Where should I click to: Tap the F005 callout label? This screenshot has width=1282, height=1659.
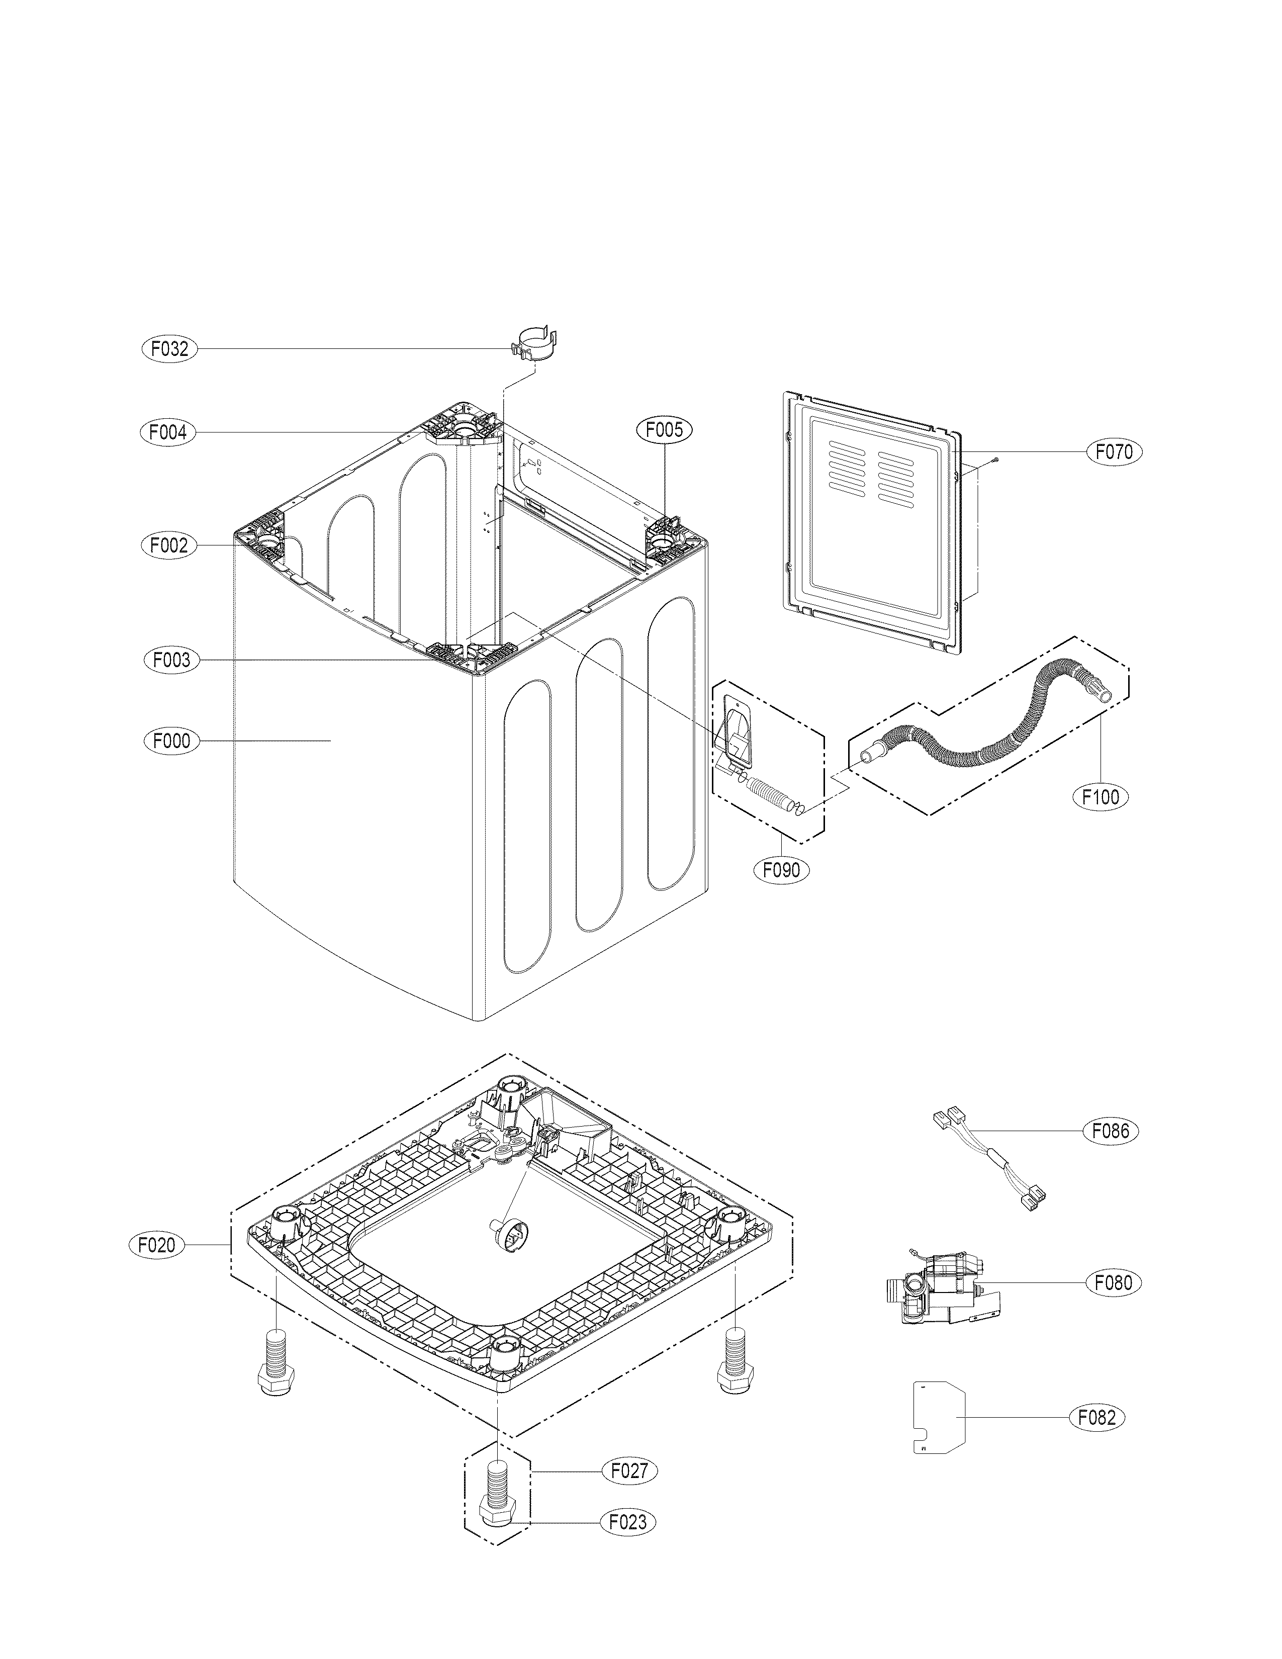point(665,430)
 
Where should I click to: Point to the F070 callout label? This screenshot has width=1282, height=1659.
point(1114,452)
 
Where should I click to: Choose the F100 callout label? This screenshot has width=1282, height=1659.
point(1101,797)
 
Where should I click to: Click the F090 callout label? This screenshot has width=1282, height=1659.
point(781,870)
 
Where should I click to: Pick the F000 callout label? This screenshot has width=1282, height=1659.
point(171,741)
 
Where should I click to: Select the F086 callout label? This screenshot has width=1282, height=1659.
point(1111,1152)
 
